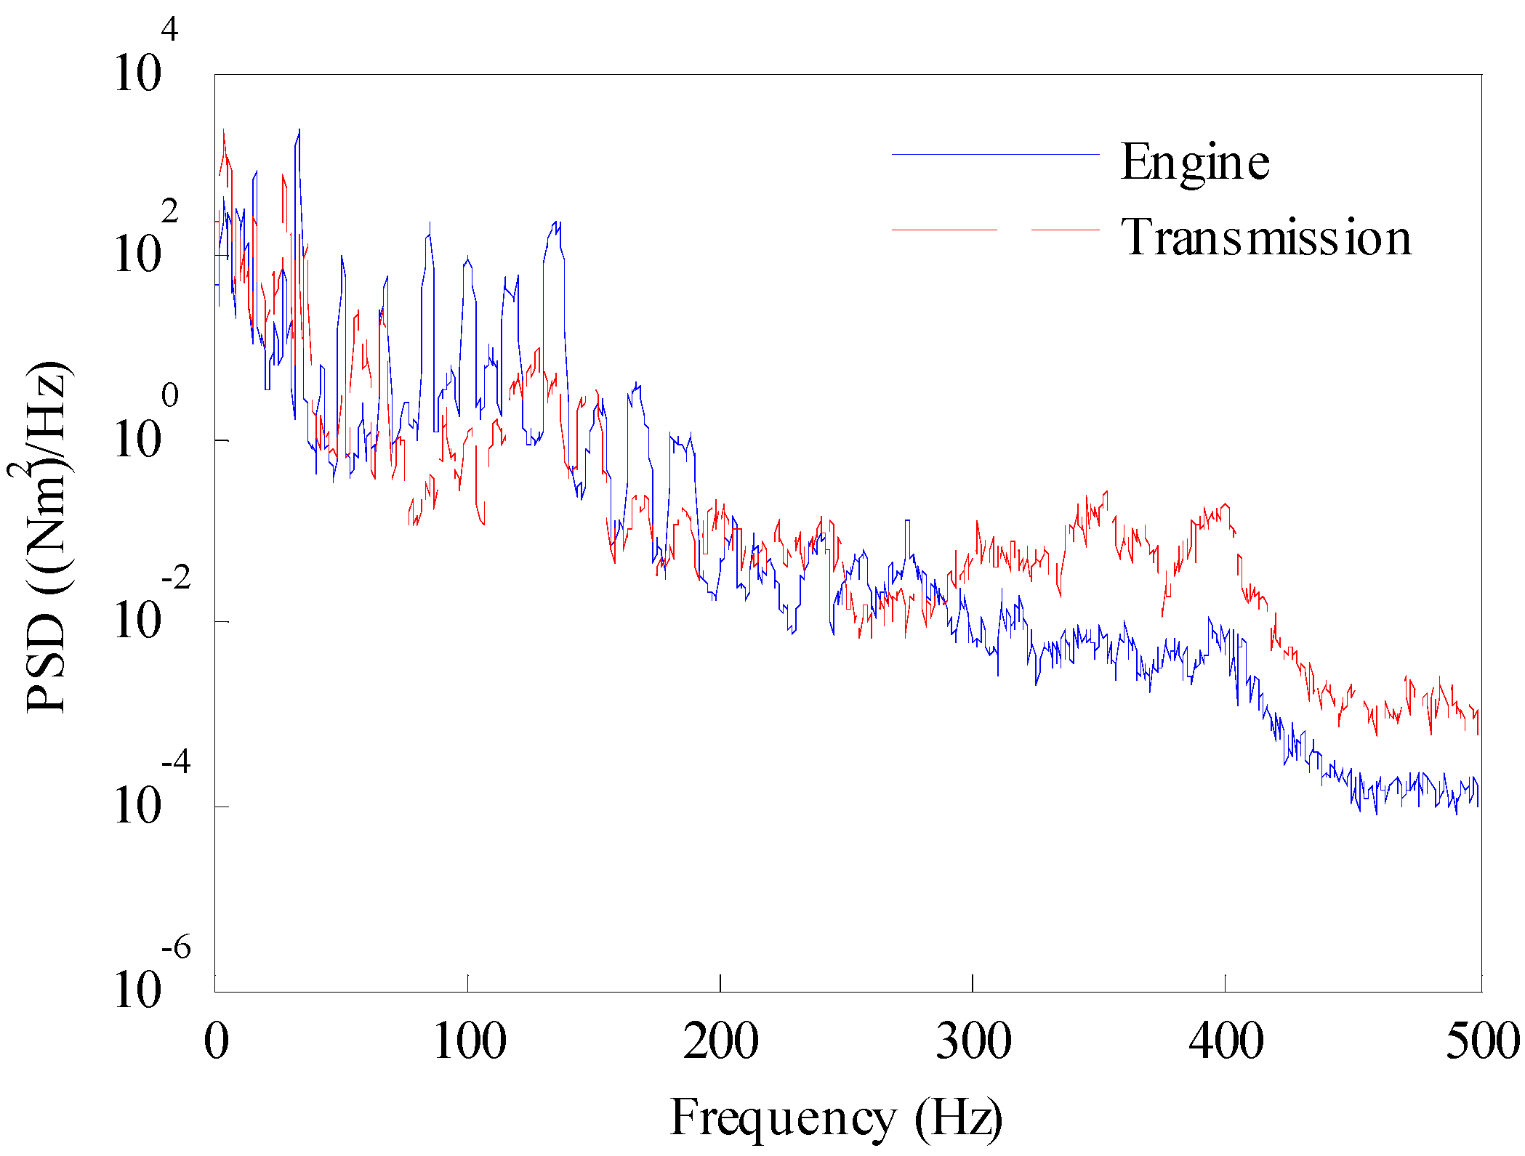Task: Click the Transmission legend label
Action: tap(1266, 238)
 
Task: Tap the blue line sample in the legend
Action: tap(995, 154)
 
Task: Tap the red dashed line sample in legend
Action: tap(995, 230)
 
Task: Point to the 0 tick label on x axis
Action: tap(216, 1041)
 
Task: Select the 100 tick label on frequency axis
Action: tap(469, 1041)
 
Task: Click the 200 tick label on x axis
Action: tap(720, 1041)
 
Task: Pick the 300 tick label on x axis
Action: tap(973, 1041)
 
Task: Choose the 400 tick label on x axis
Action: tap(1226, 1041)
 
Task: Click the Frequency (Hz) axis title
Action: tap(836, 1117)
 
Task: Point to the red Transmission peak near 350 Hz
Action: tap(1106, 493)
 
